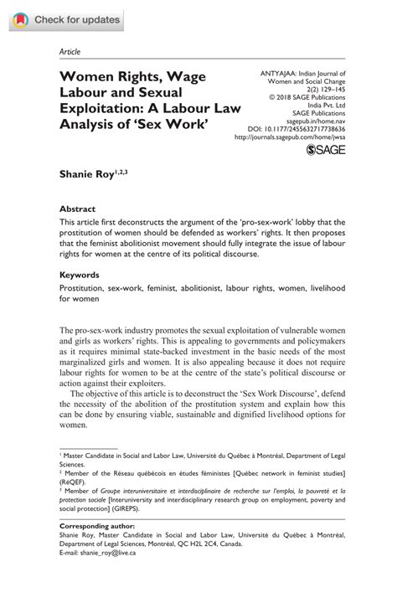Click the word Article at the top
tap(70, 51)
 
